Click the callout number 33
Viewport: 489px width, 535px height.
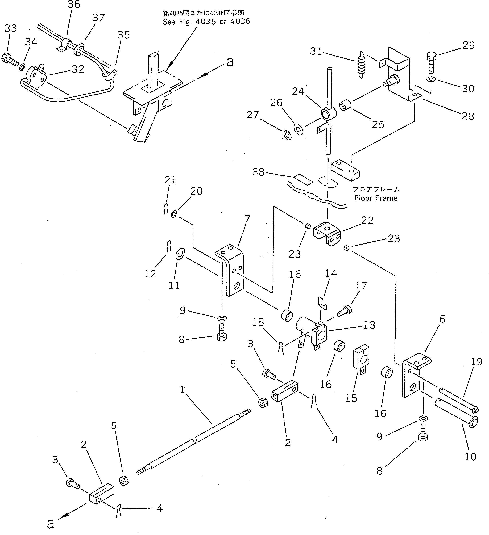pyautogui.click(x=11, y=28)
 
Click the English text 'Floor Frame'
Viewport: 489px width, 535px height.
pyautogui.click(x=376, y=198)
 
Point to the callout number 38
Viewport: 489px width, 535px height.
pyautogui.click(x=259, y=172)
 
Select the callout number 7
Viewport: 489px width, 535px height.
pyautogui.click(x=247, y=219)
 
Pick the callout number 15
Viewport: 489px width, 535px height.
pyautogui.click(x=351, y=398)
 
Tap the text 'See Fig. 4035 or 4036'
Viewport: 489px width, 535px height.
pyautogui.click(x=206, y=22)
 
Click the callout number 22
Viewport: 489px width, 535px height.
pyautogui.click(x=367, y=220)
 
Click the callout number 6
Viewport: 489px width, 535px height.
pyautogui.click(x=442, y=319)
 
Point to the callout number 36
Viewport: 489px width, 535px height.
pyautogui.click(x=74, y=5)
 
